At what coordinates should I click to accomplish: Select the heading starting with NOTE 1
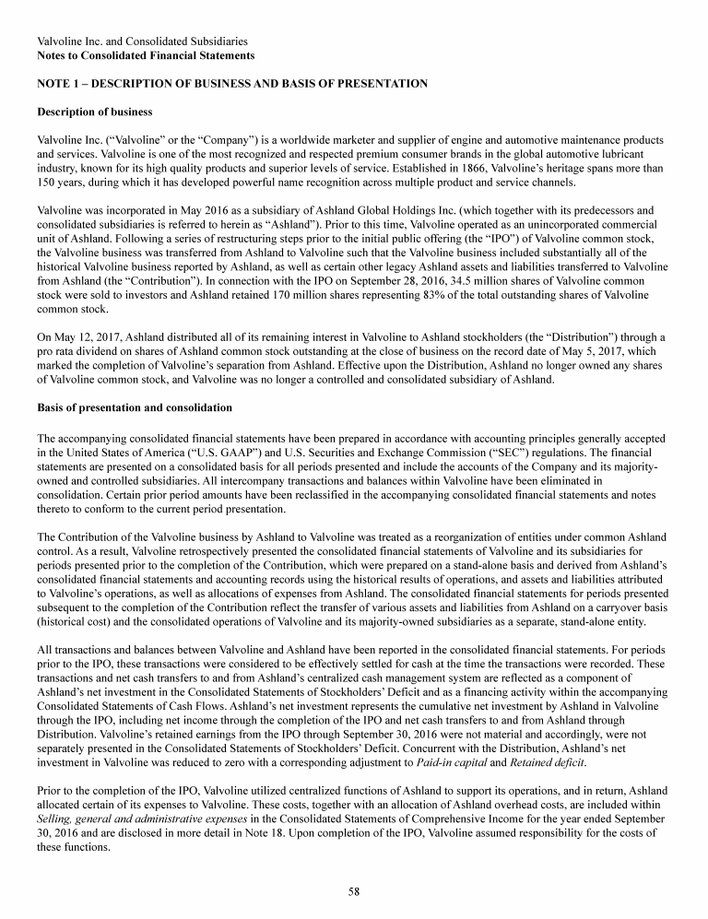tap(231, 83)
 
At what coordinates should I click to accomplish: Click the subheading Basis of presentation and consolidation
tap(134, 407)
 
